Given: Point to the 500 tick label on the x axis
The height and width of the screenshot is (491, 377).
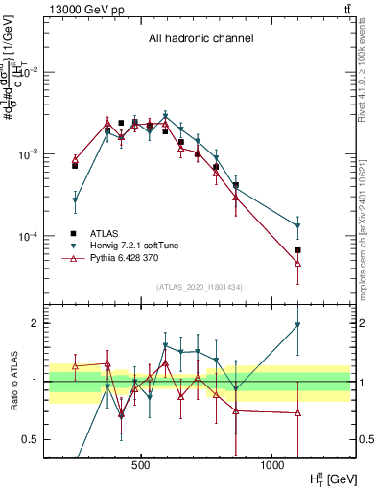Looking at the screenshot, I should (x=141, y=464).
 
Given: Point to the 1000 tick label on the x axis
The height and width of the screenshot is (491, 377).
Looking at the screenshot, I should (x=272, y=464).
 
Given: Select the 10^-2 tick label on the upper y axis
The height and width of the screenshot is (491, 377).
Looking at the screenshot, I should (x=30, y=73).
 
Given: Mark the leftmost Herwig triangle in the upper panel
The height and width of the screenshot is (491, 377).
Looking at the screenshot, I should (x=75, y=200).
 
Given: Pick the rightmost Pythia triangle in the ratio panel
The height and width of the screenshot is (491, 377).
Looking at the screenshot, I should (x=298, y=413).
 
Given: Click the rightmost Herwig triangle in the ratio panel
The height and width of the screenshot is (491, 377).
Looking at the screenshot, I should (x=298, y=325).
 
